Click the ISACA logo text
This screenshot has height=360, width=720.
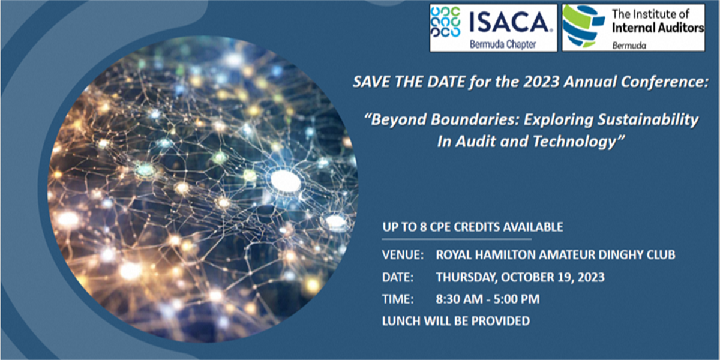click(512, 22)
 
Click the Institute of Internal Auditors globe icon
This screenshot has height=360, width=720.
click(583, 26)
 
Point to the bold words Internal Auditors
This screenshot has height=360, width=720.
click(658, 28)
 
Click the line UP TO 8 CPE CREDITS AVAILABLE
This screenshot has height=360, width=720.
click(473, 227)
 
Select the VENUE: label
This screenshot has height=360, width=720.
click(403, 255)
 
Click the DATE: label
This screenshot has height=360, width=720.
click(398, 277)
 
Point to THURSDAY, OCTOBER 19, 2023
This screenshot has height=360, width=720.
click(520, 277)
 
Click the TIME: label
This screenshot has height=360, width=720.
click(397, 299)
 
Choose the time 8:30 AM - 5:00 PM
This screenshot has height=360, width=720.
click(488, 299)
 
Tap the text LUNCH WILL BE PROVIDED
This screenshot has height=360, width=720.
click(456, 321)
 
